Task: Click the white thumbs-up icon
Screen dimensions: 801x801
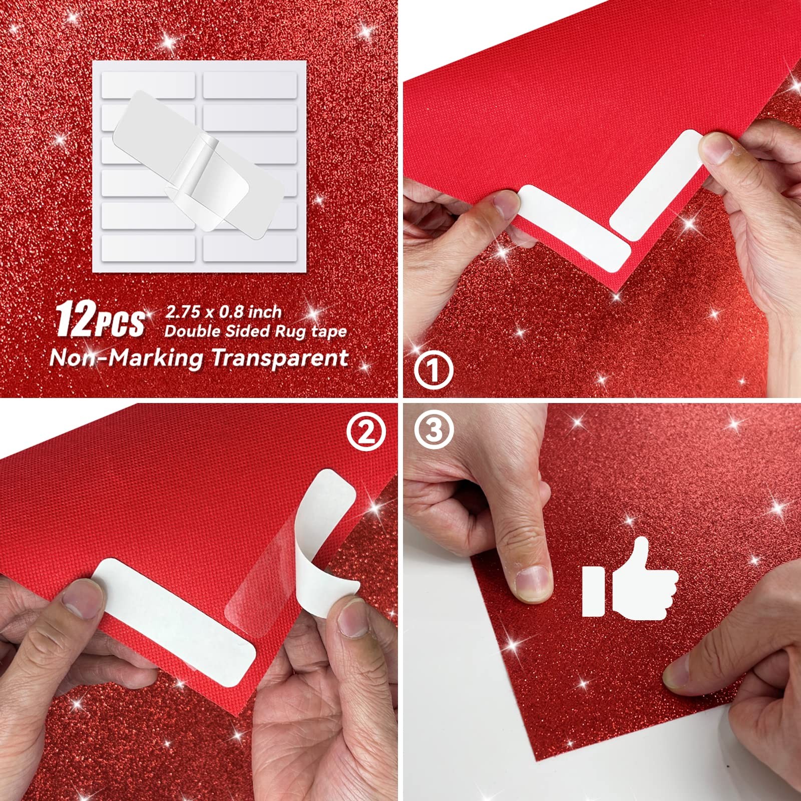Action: [x=629, y=579]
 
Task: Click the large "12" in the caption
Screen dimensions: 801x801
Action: [x=72, y=319]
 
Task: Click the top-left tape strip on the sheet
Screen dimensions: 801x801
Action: [x=148, y=85]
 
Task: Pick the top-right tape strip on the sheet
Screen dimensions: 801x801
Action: [x=250, y=85]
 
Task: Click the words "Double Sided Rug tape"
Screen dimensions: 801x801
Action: [x=255, y=331]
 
